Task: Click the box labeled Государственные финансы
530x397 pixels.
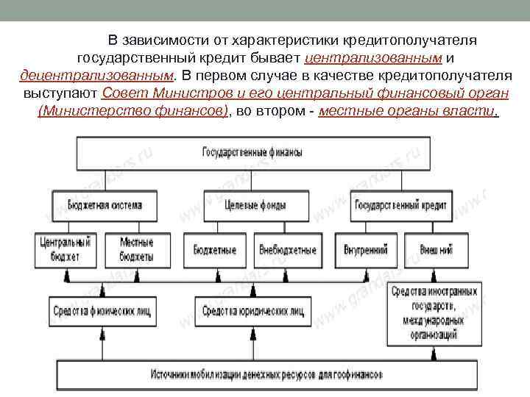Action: (252, 153)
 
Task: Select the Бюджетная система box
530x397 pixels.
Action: (105, 205)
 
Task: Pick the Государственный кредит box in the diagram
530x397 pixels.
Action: (401, 205)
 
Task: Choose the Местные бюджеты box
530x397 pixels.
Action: (136, 250)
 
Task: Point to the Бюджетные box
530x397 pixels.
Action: (215, 250)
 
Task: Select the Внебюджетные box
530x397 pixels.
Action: (288, 250)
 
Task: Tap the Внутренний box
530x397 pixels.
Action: (366, 250)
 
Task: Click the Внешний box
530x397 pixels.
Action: (437, 250)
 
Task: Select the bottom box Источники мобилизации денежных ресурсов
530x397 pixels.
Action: (266, 374)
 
